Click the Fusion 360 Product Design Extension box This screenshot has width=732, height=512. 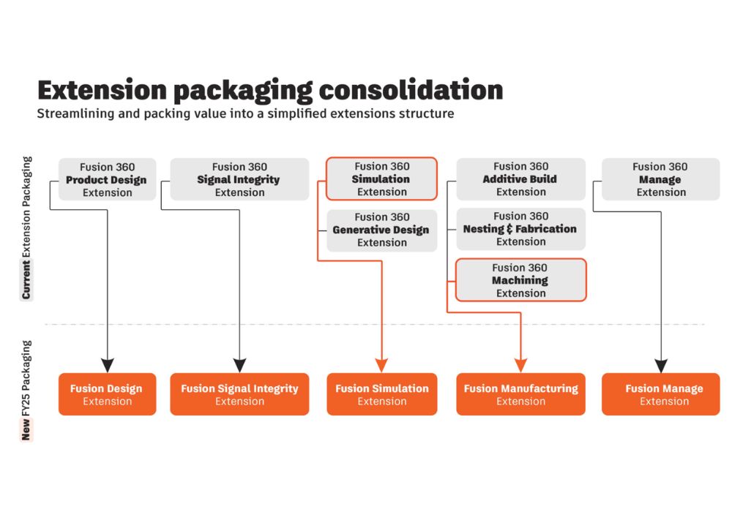click(x=107, y=179)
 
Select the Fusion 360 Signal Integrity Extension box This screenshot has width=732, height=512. click(x=239, y=179)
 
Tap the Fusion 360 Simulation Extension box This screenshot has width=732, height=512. click(x=381, y=178)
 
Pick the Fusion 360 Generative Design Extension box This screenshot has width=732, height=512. click(x=381, y=230)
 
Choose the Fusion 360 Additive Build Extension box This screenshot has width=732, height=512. click(x=520, y=178)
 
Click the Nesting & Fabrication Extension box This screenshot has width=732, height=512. click(x=520, y=229)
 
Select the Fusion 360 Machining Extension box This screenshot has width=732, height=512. click(x=520, y=280)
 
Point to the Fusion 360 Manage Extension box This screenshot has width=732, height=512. click(x=660, y=179)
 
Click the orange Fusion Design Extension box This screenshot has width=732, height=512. click(x=107, y=394)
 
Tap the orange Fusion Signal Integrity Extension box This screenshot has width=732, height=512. click(x=239, y=394)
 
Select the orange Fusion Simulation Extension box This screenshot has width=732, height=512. click(x=381, y=394)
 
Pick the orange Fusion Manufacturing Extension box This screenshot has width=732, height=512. click(x=520, y=394)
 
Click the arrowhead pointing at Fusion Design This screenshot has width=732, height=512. click(x=107, y=365)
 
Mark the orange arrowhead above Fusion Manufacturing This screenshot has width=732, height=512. click(x=520, y=365)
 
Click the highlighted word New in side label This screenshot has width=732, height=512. click(x=26, y=432)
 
